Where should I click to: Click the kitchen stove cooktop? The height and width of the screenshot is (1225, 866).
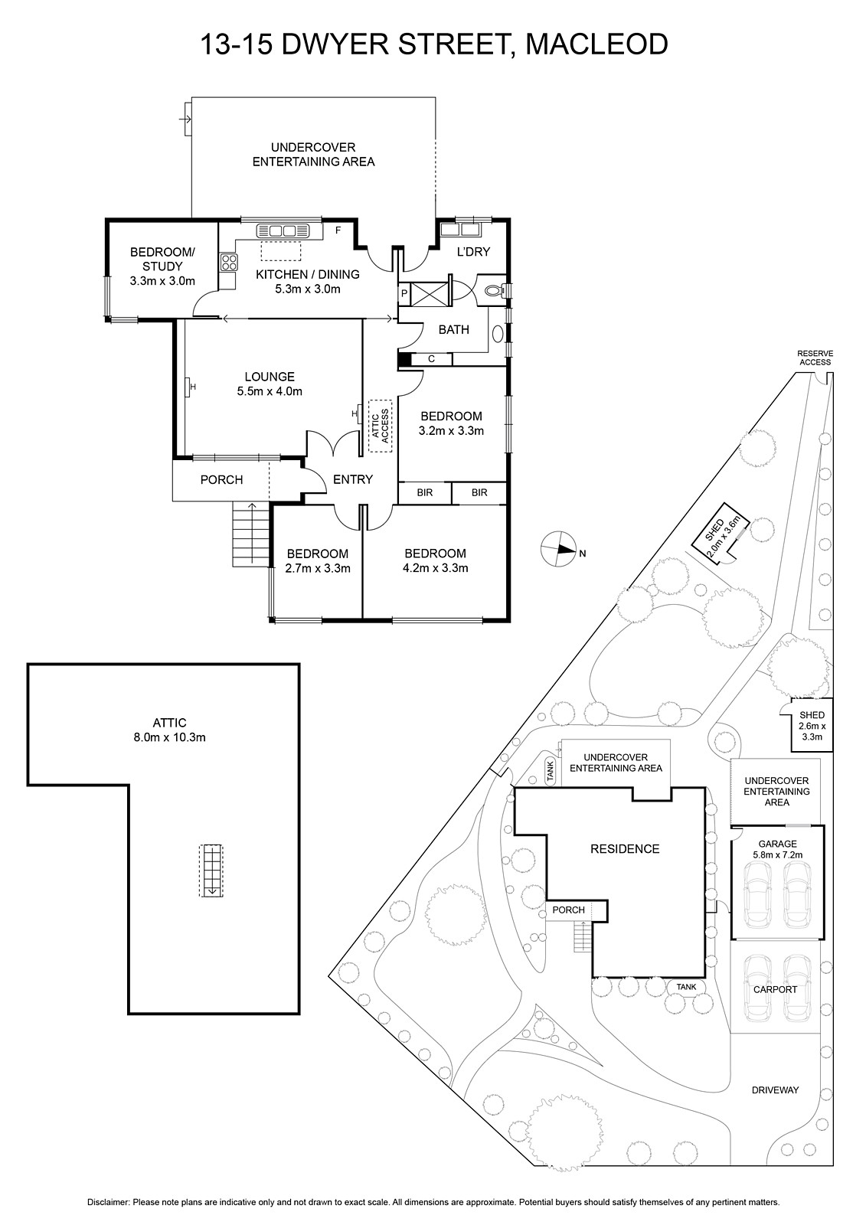(228, 263)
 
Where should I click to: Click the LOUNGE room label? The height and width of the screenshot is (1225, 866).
(270, 377)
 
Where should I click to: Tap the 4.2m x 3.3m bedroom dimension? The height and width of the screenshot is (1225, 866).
(435, 568)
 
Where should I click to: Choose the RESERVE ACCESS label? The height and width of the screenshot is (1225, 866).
(815, 358)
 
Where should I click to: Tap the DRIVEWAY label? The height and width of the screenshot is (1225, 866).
(775, 1089)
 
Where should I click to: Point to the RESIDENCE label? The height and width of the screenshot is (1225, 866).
(624, 848)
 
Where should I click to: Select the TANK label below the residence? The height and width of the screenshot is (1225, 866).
(686, 987)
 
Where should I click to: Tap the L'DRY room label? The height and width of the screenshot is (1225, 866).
(473, 252)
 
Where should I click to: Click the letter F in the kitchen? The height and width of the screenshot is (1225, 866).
(337, 229)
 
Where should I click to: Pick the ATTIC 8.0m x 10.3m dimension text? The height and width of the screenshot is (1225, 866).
(169, 738)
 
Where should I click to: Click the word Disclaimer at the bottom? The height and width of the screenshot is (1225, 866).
(108, 1203)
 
